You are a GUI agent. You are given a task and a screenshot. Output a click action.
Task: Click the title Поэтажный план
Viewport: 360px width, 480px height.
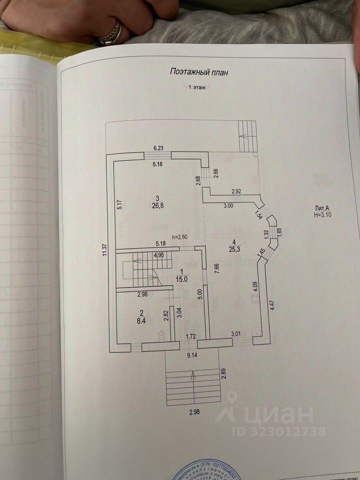pyautogui.click(x=199, y=72)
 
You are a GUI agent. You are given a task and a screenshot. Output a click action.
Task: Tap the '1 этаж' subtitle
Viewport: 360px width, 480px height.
pyautogui.click(x=196, y=87)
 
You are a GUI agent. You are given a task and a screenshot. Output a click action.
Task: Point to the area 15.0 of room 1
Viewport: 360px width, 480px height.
pyautogui.click(x=180, y=279)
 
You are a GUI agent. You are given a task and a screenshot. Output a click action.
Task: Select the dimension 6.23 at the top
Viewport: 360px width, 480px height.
pyautogui.click(x=158, y=148)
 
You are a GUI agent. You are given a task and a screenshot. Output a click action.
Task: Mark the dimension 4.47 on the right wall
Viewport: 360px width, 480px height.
pyautogui.click(x=272, y=305)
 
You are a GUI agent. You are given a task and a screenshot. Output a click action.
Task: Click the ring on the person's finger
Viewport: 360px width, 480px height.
pyautogui.click(x=110, y=34)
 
